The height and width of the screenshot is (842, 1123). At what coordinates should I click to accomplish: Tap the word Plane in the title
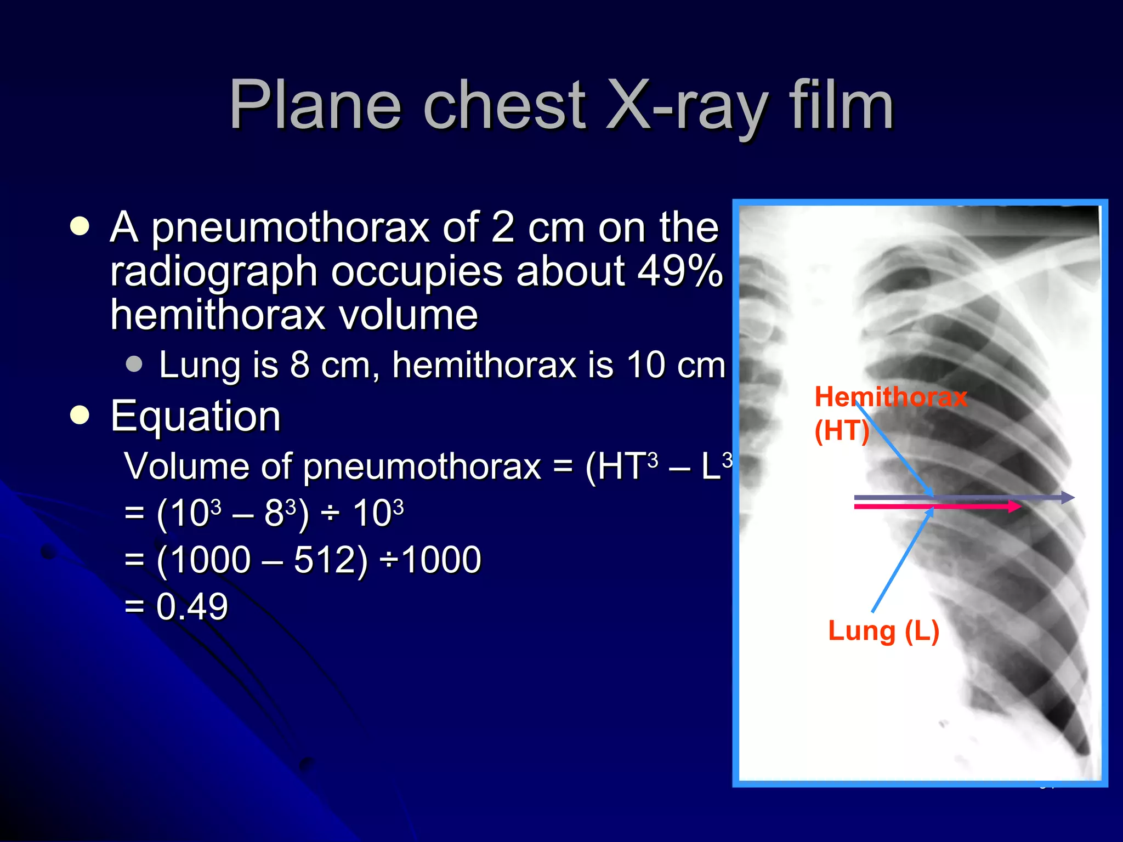(315, 105)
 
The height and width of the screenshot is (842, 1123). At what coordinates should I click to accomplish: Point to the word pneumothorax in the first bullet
(290, 227)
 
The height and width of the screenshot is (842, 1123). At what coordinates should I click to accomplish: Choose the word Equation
(195, 417)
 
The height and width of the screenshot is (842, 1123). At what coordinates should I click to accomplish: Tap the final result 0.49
(191, 607)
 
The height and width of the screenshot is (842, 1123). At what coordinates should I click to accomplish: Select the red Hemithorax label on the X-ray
(891, 396)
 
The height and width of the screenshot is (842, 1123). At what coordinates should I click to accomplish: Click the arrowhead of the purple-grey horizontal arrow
(1069, 498)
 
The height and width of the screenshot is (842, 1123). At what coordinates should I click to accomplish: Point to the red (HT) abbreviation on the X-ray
(841, 431)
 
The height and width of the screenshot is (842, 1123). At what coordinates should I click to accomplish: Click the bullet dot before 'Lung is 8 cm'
(134, 364)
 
